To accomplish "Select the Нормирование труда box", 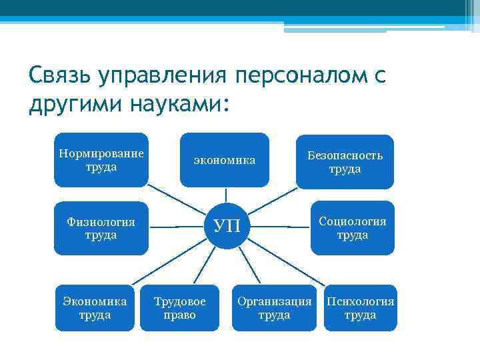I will [x=101, y=160].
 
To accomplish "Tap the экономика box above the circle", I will [x=225, y=160].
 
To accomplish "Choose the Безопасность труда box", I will [x=345, y=162].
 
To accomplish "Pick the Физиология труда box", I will [x=101, y=228].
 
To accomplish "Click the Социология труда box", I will [x=352, y=228].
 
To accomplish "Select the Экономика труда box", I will [x=95, y=308].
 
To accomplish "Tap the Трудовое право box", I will [x=179, y=308].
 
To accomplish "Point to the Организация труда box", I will [x=274, y=308].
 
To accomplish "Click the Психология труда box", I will [x=360, y=308].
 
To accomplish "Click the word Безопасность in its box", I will [x=345, y=155].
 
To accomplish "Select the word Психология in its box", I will [x=360, y=301].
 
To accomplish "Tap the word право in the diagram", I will [x=179, y=315].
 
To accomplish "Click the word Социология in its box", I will [x=352, y=221].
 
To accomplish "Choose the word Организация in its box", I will [x=274, y=301].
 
